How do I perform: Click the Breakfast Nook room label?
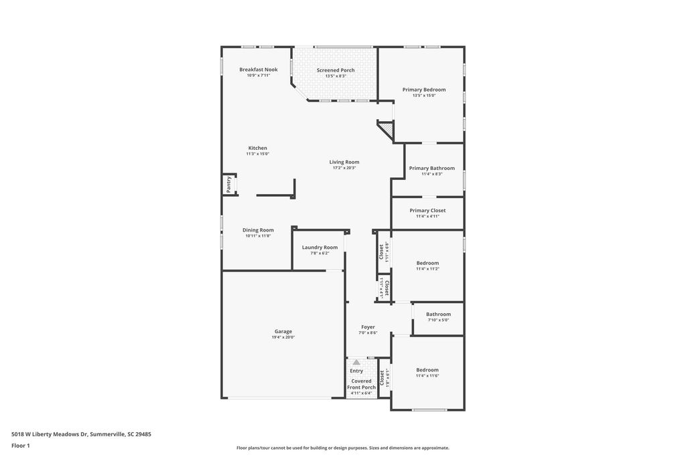[259, 70]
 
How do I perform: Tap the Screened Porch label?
[336, 70]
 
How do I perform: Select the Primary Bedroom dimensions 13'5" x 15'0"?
[423, 96]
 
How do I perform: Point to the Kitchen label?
[258, 148]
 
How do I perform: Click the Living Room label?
[344, 162]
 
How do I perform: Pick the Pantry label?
[228, 185]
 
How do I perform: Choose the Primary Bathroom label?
[431, 169]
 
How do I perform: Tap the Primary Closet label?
[427, 211]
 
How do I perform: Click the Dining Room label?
[258, 230]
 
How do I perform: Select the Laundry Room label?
[320, 248]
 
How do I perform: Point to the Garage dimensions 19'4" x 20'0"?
[283, 337]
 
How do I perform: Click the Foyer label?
[368, 327]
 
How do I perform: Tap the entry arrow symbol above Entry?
[356, 362]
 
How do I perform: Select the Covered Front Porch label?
[361, 384]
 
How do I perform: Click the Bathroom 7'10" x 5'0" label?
[438, 314]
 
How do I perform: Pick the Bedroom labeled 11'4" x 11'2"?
[427, 263]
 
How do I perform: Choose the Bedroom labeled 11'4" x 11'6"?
[427, 370]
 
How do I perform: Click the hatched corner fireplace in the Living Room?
[386, 128]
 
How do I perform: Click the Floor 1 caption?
[21, 446]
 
